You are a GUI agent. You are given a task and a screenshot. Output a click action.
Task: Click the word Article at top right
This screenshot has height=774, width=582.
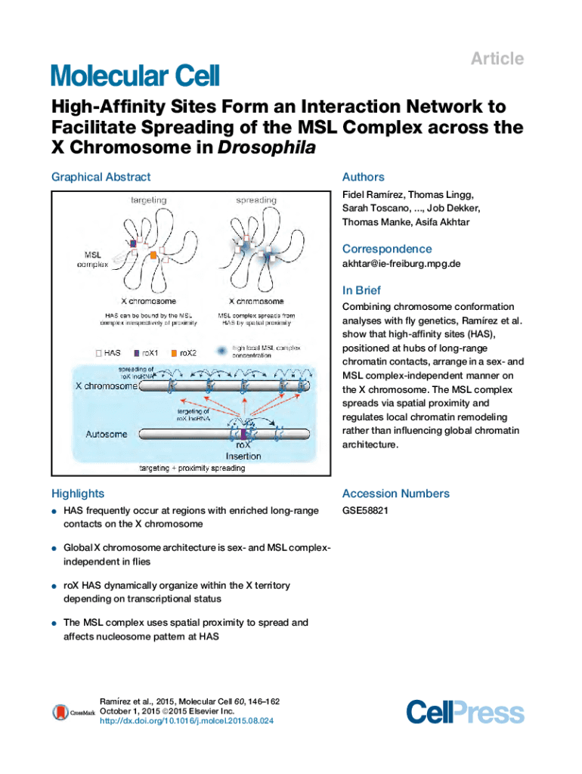point(497,59)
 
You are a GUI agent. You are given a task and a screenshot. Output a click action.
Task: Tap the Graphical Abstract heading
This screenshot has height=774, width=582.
point(101,177)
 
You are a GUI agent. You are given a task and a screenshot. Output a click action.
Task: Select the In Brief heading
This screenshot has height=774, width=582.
point(361,290)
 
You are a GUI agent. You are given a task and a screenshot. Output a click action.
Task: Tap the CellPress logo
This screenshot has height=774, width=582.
point(464,711)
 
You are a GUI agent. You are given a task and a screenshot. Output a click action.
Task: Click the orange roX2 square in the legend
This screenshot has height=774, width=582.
point(173,352)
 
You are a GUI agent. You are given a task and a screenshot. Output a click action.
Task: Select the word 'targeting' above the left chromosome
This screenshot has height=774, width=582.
point(149,200)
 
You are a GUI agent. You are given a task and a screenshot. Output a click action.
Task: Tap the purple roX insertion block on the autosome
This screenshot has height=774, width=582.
point(243,435)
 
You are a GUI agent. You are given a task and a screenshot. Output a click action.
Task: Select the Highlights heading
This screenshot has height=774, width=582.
point(77,494)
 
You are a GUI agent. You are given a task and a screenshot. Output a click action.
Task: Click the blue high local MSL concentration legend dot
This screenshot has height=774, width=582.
point(220,351)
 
